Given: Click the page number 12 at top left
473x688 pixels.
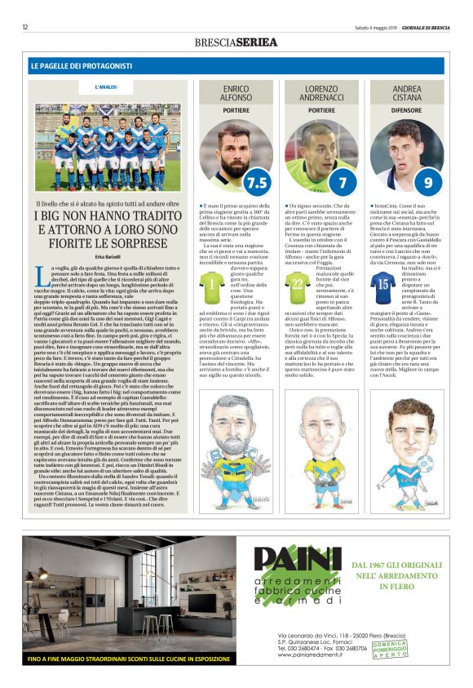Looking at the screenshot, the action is pos(25,27).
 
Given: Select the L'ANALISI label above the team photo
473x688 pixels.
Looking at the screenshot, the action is pos(107,86).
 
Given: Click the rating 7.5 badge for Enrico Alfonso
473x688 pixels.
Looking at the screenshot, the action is pos(258,181).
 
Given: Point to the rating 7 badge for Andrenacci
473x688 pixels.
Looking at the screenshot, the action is pos(343,181).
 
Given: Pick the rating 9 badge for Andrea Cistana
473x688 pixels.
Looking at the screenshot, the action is pos(427,181).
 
